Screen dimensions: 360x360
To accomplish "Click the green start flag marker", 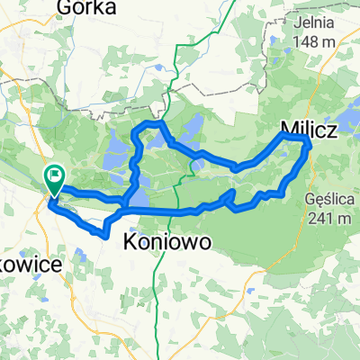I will [55, 180].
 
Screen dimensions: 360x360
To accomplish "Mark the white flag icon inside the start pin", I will [56, 175].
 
